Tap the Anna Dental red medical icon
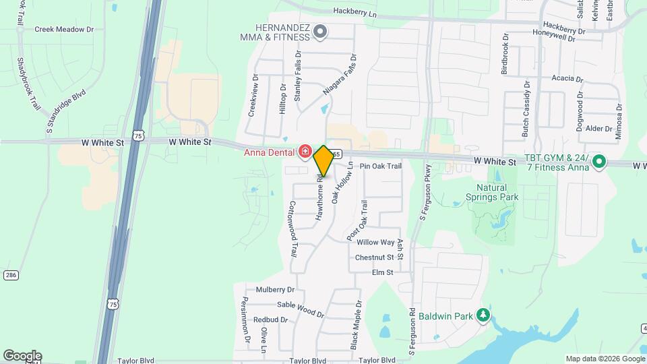pyautogui.click(x=305, y=151)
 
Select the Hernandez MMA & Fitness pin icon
pyautogui.click(x=321, y=30)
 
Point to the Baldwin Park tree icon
pyautogui.click(x=483, y=315)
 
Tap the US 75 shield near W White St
pyautogui.click(x=137, y=136)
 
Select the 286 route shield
pyautogui.click(x=10, y=275)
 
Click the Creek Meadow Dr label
pyautogui.click(x=64, y=30)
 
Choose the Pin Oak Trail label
pyautogui.click(x=381, y=166)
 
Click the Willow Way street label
pyautogui.click(x=375, y=242)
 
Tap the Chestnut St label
pyautogui.click(x=374, y=257)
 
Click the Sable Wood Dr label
pyautogui.click(x=301, y=308)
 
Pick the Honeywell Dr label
pyautogui.click(x=553, y=38)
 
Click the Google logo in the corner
pyautogui.click(x=22, y=355)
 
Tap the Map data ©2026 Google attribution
pyautogui.click(x=605, y=359)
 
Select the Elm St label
pyautogui.click(x=382, y=272)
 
